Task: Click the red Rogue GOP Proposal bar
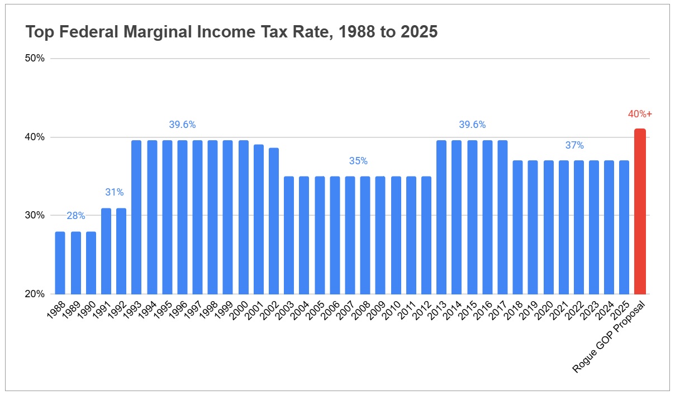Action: point(640,212)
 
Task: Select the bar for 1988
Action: point(60,263)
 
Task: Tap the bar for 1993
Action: point(136,217)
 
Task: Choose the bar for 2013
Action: point(441,217)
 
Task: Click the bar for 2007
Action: point(350,235)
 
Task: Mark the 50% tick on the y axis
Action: point(35,59)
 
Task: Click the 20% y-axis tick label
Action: point(35,294)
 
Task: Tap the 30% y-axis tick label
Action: point(35,216)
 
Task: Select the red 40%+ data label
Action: point(640,114)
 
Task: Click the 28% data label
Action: point(75,216)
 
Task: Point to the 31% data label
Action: point(114,192)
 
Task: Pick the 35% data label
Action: point(358,161)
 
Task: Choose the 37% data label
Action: point(574,145)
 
